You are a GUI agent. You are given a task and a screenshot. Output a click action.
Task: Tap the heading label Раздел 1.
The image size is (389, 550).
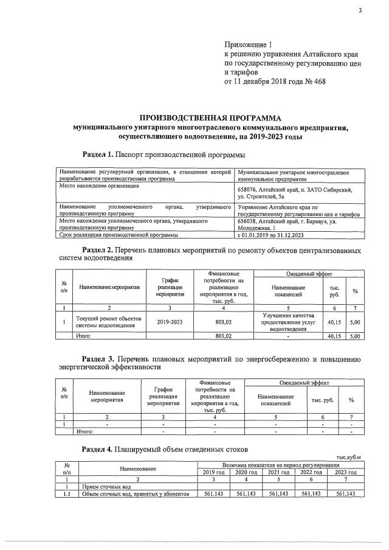(x=97, y=155)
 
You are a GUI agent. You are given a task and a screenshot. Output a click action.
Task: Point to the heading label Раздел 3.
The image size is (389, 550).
(x=97, y=360)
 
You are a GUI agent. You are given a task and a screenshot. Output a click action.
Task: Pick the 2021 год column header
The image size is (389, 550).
(x=278, y=472)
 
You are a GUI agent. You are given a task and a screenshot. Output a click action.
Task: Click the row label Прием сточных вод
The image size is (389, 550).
(x=106, y=487)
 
